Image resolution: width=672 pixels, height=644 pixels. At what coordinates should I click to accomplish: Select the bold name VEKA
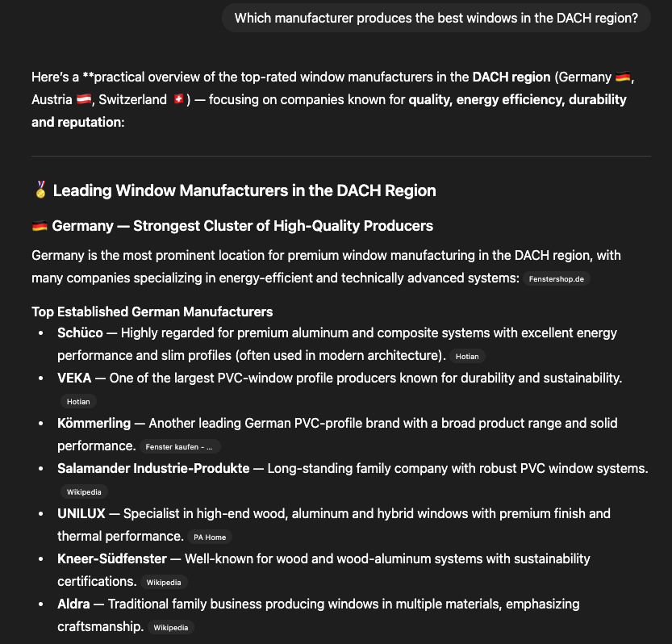pyautogui.click(x=74, y=378)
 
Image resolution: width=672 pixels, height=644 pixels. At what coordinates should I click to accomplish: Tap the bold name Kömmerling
pyautogui.click(x=94, y=423)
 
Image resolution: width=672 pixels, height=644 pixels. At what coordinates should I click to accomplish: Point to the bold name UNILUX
pyautogui.click(x=80, y=513)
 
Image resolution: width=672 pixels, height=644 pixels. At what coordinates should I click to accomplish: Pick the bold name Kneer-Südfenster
pyautogui.click(x=112, y=558)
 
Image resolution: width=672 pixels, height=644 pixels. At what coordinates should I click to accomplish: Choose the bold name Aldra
pyautogui.click(x=73, y=604)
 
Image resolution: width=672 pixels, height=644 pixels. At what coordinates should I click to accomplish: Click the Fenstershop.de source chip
pyautogui.click(x=556, y=278)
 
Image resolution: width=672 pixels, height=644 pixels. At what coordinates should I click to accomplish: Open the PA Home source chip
pyautogui.click(x=210, y=537)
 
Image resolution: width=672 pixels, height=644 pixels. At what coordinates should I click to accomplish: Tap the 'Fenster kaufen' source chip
pyautogui.click(x=179, y=446)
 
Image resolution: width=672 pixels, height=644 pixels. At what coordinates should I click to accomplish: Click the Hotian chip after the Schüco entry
pyautogui.click(x=467, y=356)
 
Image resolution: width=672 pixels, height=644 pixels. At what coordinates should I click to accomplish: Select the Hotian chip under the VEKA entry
pyautogui.click(x=78, y=401)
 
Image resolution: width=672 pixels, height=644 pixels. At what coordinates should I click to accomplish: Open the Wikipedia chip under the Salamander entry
pyautogui.click(x=84, y=491)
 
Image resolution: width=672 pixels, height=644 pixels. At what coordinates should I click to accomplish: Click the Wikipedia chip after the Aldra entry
pyautogui.click(x=170, y=627)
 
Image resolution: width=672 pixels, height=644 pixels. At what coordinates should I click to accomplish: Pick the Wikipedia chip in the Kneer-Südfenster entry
pyautogui.click(x=164, y=582)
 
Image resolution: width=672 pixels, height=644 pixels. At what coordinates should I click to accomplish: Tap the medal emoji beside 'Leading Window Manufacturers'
pyautogui.click(x=40, y=190)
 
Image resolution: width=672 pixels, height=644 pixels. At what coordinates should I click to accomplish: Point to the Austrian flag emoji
pyautogui.click(x=84, y=100)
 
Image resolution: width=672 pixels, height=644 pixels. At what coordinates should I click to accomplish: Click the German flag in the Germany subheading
pyautogui.click(x=40, y=226)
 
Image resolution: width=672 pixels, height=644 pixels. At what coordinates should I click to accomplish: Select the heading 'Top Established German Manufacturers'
pyautogui.click(x=152, y=312)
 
